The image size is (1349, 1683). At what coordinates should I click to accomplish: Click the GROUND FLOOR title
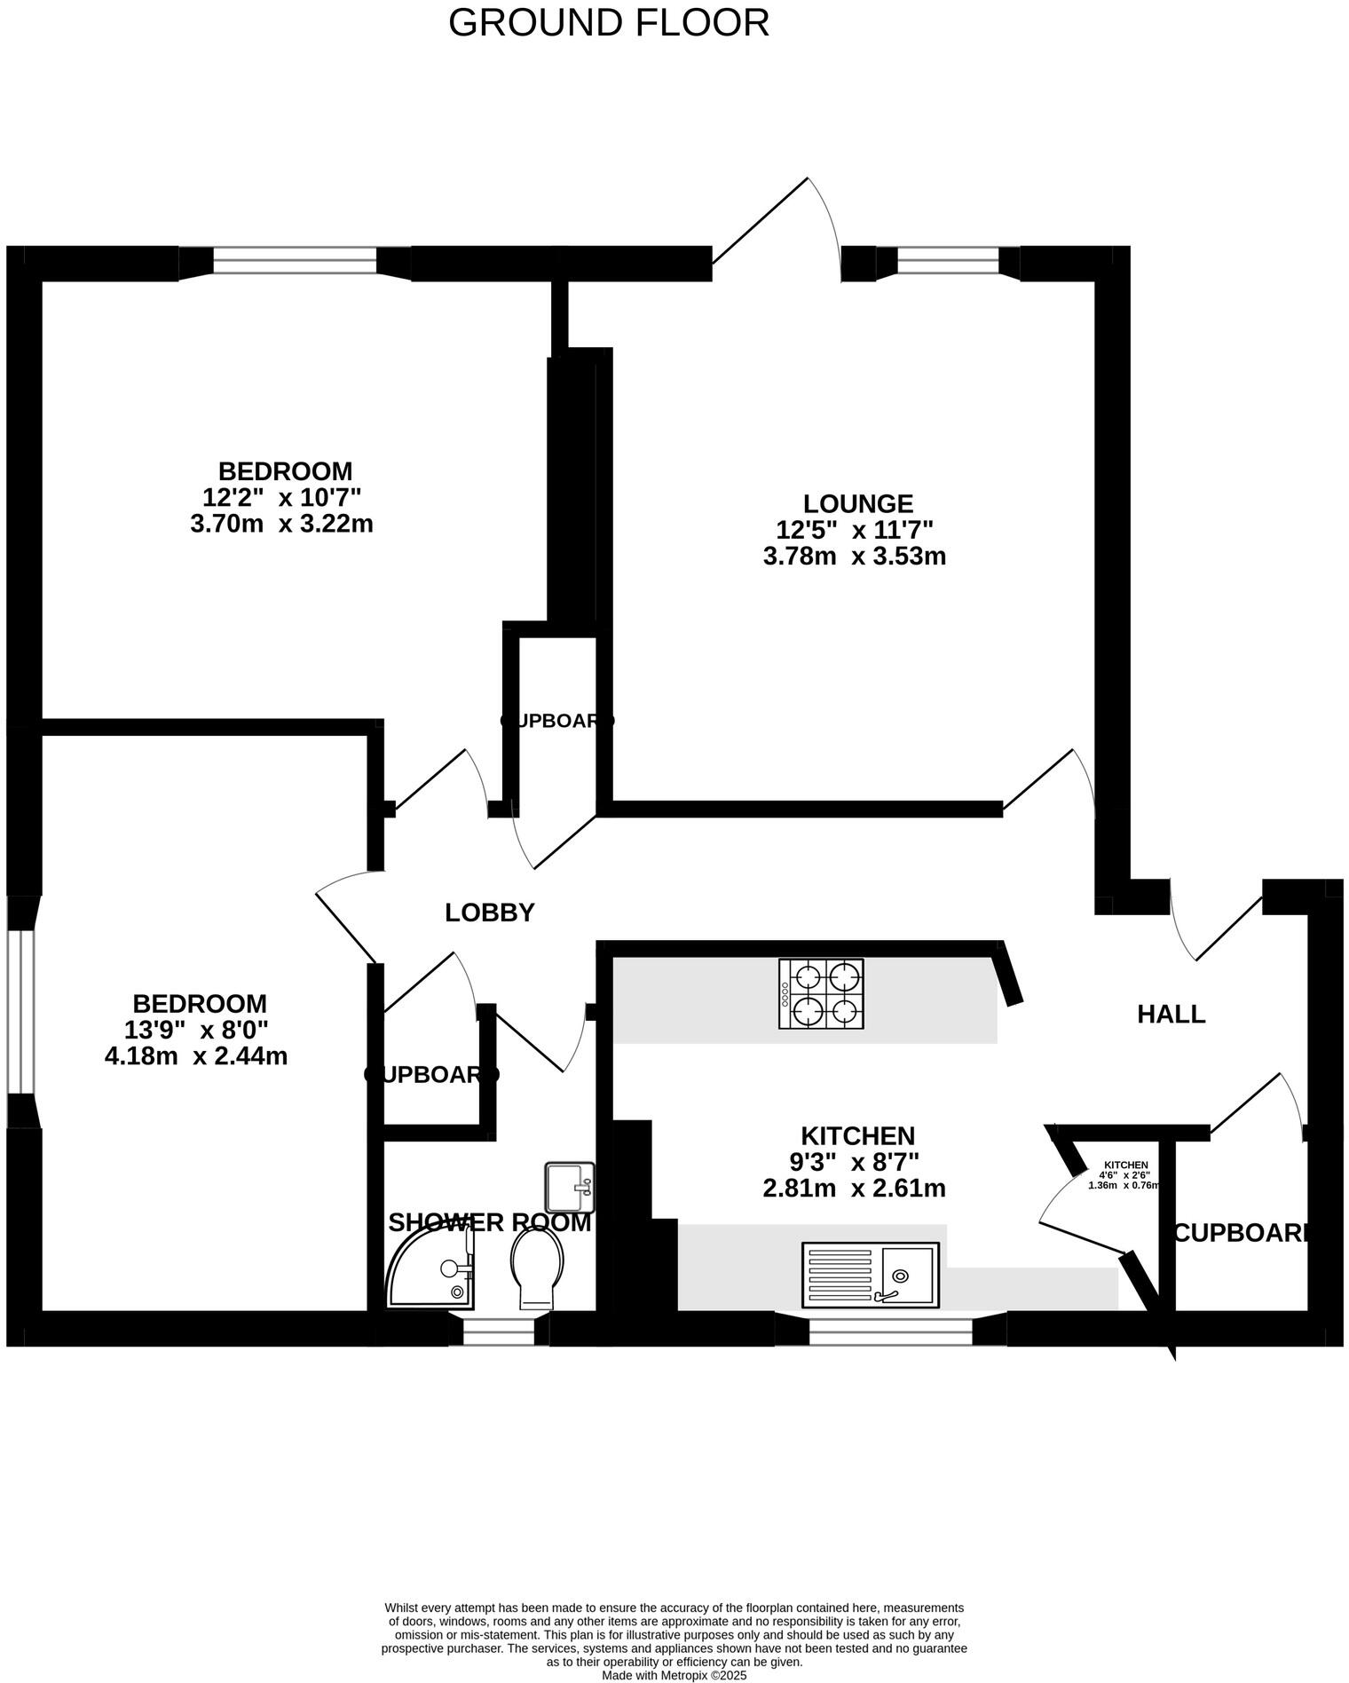(x=608, y=22)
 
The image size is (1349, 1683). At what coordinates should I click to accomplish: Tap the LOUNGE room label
(x=857, y=504)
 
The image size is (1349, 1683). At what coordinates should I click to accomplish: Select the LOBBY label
(x=490, y=913)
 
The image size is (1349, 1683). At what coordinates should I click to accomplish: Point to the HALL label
(x=1171, y=1014)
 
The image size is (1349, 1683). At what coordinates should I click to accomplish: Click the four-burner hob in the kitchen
(x=821, y=993)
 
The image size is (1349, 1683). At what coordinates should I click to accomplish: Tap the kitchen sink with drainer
(x=870, y=1275)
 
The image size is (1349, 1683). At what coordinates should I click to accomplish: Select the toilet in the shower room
(x=537, y=1272)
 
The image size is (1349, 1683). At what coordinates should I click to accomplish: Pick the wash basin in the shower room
(x=569, y=1187)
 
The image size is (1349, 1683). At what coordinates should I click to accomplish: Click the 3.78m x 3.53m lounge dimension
(x=854, y=557)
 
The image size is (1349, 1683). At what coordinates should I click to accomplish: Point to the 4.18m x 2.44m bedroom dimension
(x=196, y=1056)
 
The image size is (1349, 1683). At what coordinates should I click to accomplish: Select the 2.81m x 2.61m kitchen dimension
(x=854, y=1188)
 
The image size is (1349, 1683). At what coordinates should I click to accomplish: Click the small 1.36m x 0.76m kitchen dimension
(x=1124, y=1185)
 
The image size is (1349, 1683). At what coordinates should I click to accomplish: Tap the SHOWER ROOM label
(x=489, y=1223)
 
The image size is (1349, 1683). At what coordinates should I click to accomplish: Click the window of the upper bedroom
(x=295, y=261)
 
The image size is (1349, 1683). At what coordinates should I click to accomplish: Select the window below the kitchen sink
(x=890, y=1328)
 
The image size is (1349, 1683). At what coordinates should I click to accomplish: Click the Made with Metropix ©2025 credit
(x=674, y=1675)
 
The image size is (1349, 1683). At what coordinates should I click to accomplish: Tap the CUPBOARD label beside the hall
(x=1242, y=1233)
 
